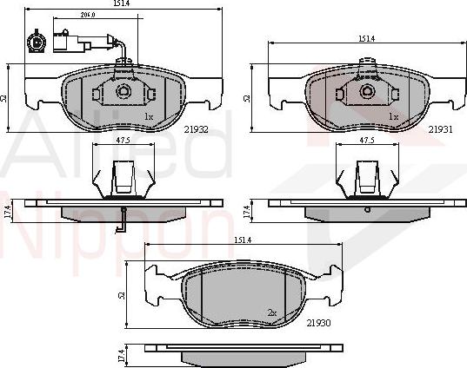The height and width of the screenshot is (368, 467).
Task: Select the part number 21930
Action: (x=319, y=324)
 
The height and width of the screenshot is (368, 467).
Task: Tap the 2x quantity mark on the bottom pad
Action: (x=272, y=311)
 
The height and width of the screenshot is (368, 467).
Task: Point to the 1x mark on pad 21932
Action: (x=149, y=116)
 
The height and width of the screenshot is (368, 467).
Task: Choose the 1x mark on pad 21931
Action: (x=393, y=116)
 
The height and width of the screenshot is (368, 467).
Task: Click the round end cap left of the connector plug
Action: (x=37, y=40)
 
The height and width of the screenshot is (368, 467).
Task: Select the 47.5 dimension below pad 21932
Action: (x=123, y=139)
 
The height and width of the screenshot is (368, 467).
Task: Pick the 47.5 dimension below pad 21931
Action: (x=367, y=139)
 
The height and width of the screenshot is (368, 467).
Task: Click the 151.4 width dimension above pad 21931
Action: (x=365, y=39)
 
